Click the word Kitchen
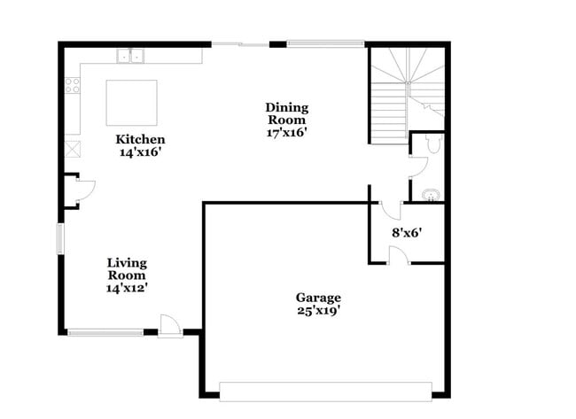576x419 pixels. point(140,139)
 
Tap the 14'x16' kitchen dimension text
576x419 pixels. point(140,151)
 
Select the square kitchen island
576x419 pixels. point(132,104)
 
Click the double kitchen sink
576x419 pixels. point(131,57)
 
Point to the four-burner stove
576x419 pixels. point(72,86)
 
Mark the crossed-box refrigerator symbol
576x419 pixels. point(71,148)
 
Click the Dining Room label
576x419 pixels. point(286,113)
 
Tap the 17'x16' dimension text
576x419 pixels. point(286,132)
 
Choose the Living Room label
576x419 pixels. point(127,269)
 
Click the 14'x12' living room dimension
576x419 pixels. point(127,288)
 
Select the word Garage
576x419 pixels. point(318,298)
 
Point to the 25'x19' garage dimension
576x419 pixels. point(318,310)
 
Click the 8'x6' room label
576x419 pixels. point(407,233)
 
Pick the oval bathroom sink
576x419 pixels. point(431,194)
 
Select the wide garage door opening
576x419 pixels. point(325,390)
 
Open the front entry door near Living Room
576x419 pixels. point(169,326)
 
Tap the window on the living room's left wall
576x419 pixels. point(60,238)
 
